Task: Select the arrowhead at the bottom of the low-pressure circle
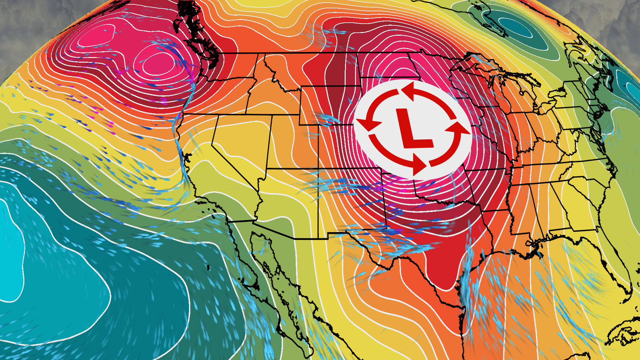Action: (418, 165)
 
